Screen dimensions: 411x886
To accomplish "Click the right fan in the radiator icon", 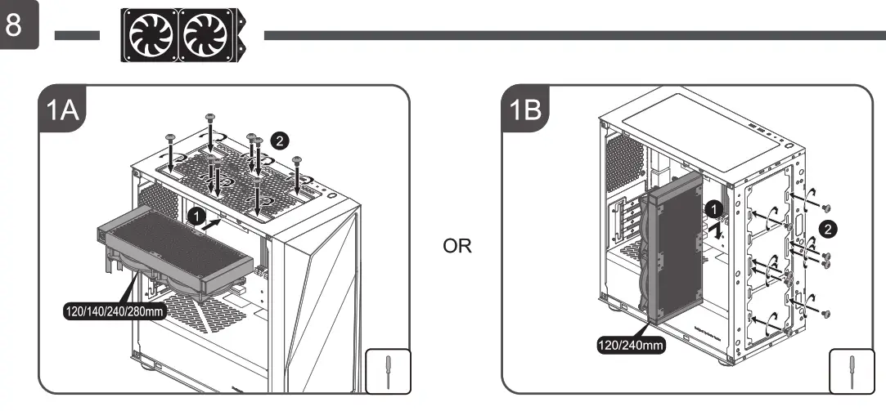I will [205, 35].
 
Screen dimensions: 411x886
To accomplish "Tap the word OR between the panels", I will [457, 246].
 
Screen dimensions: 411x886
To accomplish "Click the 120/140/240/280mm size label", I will [114, 311].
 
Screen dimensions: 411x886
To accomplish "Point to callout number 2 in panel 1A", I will [280, 141].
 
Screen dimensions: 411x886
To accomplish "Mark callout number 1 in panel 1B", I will [713, 209].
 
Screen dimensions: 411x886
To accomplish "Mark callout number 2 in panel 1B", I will [829, 229].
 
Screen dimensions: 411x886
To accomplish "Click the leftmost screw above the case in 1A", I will [169, 139].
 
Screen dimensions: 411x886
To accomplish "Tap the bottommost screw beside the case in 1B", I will [825, 314].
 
